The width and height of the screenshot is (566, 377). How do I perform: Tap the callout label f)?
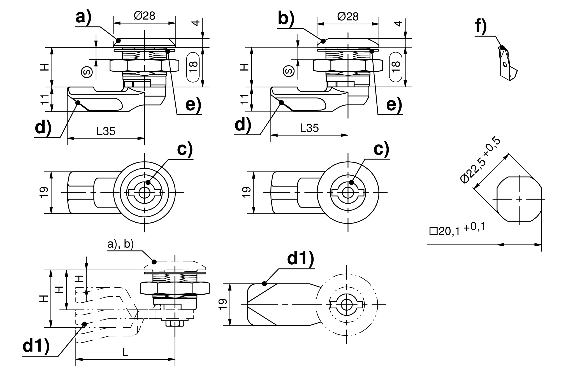[481, 27]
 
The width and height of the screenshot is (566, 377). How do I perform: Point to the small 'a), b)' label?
[120, 244]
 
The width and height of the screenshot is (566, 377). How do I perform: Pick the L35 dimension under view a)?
[106, 131]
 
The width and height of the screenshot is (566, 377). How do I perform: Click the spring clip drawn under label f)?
[507, 65]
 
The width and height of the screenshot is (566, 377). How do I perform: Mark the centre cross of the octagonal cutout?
[519, 199]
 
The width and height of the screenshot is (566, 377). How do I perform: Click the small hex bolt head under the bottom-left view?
[175, 324]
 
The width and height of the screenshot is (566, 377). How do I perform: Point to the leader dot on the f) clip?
[502, 48]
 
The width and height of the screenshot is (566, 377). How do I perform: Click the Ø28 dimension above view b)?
[348, 17]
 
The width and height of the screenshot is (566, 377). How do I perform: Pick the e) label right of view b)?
[394, 105]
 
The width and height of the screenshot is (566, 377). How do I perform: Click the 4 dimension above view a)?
[197, 22]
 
